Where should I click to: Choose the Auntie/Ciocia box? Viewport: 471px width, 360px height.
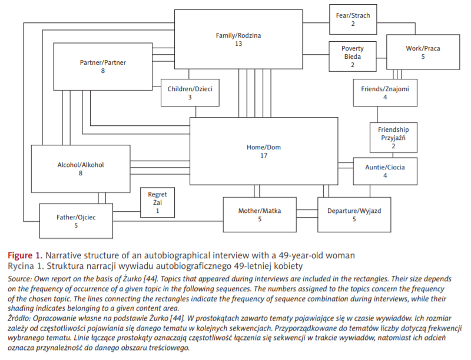385,171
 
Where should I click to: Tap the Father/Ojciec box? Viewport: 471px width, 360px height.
76,221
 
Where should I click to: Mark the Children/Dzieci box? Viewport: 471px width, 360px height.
190,93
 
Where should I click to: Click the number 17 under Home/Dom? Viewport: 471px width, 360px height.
263,156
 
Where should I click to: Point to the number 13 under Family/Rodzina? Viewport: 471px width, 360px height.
238,44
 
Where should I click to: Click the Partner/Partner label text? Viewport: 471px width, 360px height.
102,62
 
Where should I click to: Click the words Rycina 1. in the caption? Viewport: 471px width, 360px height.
22,266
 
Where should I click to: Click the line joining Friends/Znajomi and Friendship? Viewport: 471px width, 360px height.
377,115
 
